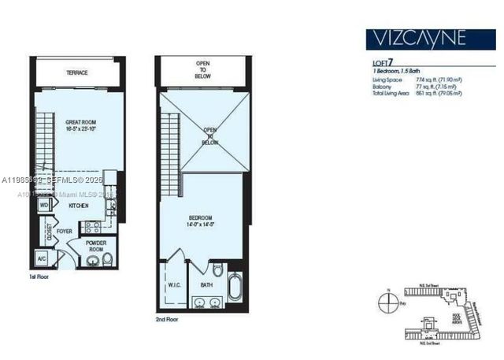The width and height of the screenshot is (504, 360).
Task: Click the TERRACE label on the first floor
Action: [77, 73]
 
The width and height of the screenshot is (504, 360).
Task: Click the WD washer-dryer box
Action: [45, 205]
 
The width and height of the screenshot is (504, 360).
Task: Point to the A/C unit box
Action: [42, 259]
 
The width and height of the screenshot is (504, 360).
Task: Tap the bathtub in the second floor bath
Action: [235, 285]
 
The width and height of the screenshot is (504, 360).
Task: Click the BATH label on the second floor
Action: [206, 284]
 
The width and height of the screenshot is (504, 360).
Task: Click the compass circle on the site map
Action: [386, 300]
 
